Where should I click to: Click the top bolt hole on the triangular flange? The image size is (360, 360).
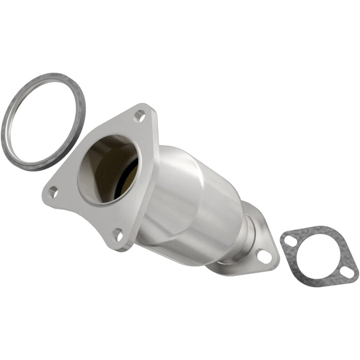coord(139,116)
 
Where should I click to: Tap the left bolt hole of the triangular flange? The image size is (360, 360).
coord(52,192)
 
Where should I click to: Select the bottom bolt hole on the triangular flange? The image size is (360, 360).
coord(118,234)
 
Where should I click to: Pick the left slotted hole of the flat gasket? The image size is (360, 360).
coord(288,240)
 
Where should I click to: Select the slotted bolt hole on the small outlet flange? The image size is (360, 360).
coord(264,256)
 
